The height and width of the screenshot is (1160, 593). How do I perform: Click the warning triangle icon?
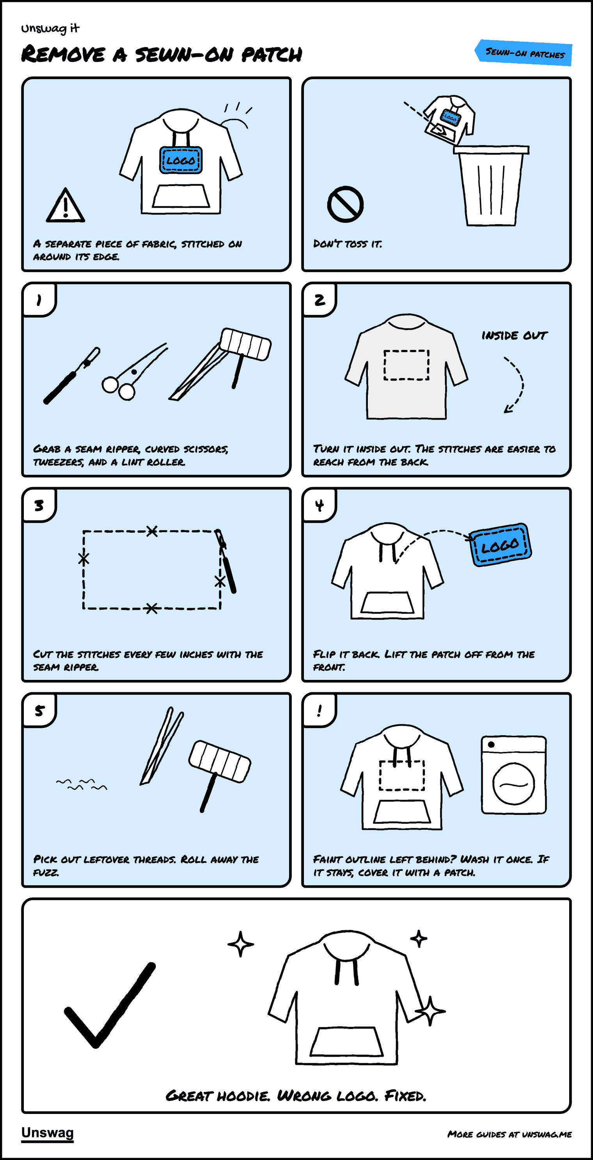[x=65, y=206]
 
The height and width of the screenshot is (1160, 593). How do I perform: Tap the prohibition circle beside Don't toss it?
[x=345, y=204]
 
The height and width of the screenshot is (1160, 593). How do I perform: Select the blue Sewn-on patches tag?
[x=524, y=53]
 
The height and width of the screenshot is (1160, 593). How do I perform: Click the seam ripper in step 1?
[x=71, y=376]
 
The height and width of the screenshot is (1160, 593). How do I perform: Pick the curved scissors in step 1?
[x=134, y=372]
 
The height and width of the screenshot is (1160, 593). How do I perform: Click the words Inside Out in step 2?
[x=514, y=335]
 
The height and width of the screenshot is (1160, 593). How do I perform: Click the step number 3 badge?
[x=39, y=505]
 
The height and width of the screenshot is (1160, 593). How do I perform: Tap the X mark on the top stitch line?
[x=152, y=531]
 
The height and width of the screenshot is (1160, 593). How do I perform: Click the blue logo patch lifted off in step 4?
[x=500, y=545]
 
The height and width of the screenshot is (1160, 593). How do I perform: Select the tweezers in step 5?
[x=162, y=746]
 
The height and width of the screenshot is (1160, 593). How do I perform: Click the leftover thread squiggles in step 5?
[x=82, y=784]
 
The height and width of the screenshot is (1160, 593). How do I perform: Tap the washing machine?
[x=514, y=775]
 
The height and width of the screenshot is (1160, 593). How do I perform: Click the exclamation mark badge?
[x=320, y=711]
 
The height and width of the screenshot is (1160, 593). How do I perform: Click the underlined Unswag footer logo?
[x=47, y=1133]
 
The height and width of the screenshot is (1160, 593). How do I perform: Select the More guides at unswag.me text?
[x=509, y=1134]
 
